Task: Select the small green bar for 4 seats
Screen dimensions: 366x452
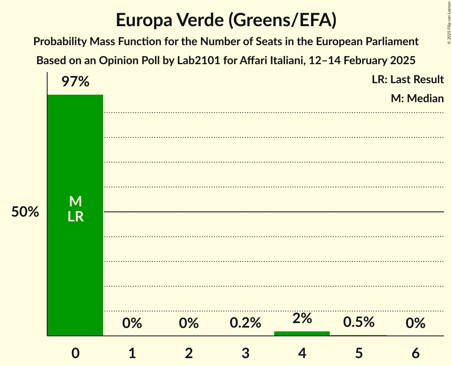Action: point(302,334)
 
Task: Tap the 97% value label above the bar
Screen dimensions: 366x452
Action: point(75,82)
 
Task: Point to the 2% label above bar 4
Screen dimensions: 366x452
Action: point(302,318)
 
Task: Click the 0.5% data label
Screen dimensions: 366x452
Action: point(359,322)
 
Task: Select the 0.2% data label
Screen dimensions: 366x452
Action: point(245,323)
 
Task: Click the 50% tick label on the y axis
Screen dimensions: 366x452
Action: point(25,212)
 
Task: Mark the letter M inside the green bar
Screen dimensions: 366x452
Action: point(75,202)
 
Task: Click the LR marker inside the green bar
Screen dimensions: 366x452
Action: point(75,217)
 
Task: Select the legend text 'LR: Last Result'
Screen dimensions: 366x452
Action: point(408,80)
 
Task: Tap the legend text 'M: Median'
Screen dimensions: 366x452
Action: point(417,98)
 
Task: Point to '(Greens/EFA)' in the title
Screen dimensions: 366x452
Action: point(282,20)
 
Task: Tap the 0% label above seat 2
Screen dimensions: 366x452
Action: point(188,323)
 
